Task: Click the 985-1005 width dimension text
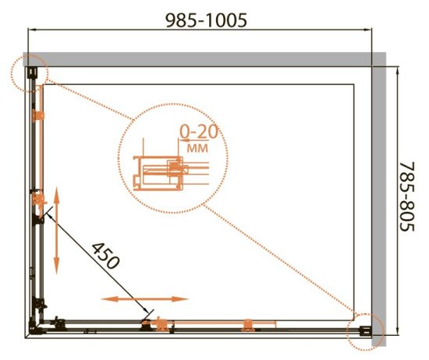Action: pos(207,20)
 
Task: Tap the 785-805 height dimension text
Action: pos(407,197)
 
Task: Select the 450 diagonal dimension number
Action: pos(105,256)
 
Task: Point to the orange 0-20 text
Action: pos(199,132)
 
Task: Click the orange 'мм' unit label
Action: pos(197,148)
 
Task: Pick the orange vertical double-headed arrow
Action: pos(56,230)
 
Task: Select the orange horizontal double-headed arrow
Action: pos(145,299)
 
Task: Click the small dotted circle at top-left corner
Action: pos(30,73)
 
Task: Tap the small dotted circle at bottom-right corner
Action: pos(365,332)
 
